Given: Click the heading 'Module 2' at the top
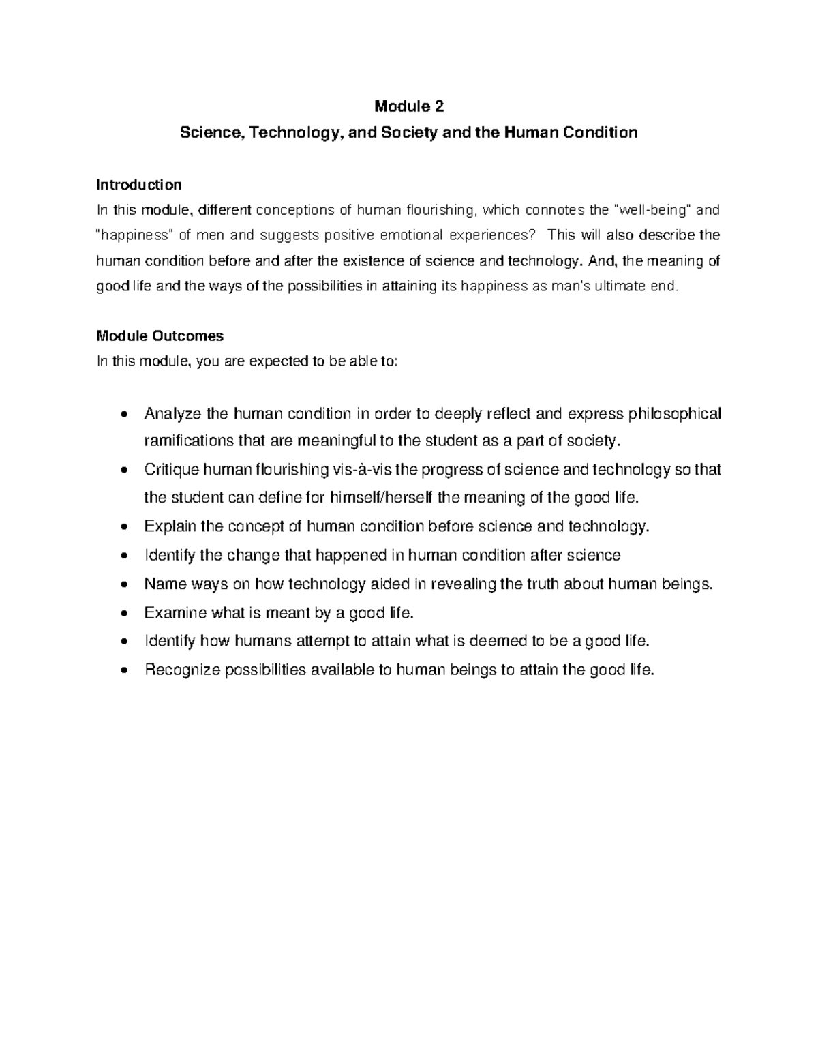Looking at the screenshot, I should [409, 106].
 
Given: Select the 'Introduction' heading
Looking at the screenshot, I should [139, 185].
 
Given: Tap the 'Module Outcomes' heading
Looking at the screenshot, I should [160, 336].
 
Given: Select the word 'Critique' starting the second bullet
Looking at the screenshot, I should [171, 471].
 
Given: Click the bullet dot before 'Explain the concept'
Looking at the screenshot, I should [123, 528].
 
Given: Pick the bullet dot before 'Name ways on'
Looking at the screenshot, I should [123, 585].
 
